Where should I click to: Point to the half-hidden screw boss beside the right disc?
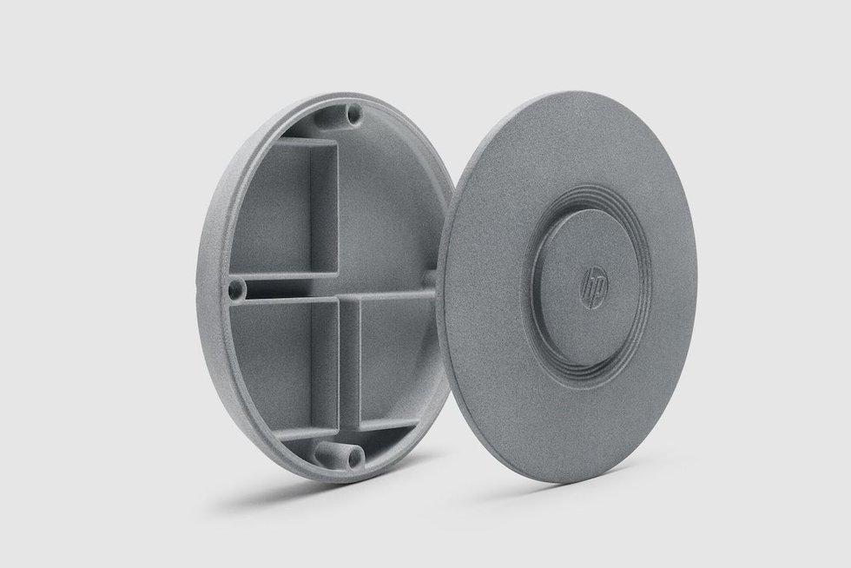coord(429,278)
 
